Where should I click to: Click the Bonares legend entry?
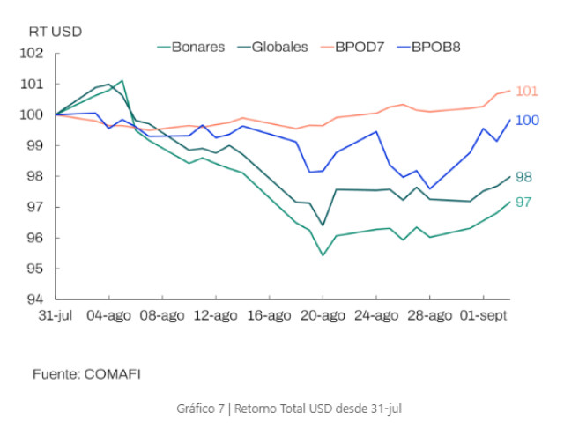click(x=191, y=47)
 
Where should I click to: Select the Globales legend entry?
click(x=272, y=47)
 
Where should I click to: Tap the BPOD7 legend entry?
click(x=352, y=47)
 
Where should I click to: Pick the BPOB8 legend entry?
click(x=428, y=47)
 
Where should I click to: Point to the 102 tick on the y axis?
click(x=32, y=53)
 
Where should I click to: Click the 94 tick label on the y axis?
click(x=35, y=299)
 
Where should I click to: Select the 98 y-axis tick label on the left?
click(x=35, y=176)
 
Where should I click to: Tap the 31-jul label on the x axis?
click(x=56, y=315)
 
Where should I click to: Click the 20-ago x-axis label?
click(x=323, y=316)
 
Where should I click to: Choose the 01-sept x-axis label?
click(x=484, y=316)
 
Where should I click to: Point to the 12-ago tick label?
click(x=215, y=316)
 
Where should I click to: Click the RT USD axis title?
click(x=56, y=32)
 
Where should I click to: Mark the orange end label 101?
click(x=527, y=92)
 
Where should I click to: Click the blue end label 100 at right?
click(x=527, y=121)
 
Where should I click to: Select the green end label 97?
click(x=523, y=203)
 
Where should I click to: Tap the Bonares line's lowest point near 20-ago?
click(x=323, y=255)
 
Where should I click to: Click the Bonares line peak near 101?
click(x=122, y=80)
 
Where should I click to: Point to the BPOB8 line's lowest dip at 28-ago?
click(x=429, y=188)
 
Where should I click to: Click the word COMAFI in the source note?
click(x=112, y=374)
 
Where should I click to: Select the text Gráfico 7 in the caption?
click(x=200, y=409)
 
